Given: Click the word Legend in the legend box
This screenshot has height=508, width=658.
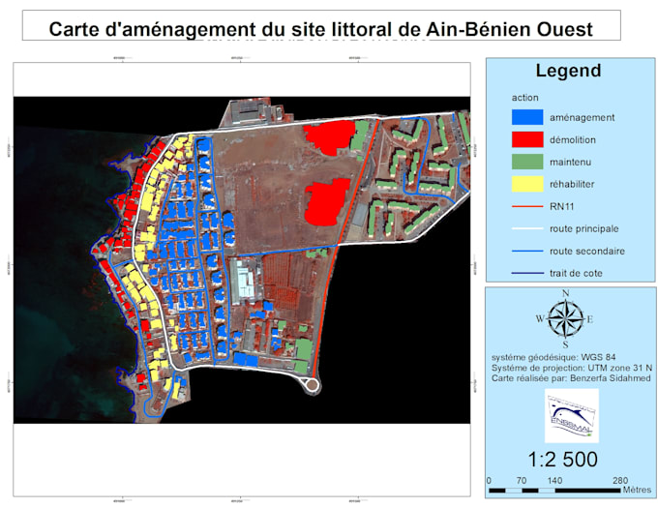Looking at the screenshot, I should pyautogui.click(x=568, y=71).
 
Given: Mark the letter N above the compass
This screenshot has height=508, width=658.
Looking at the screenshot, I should pyautogui.click(x=565, y=294).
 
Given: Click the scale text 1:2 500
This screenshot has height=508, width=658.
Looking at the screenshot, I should pyautogui.click(x=562, y=459).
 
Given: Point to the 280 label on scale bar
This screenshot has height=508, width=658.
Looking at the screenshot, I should pyautogui.click(x=619, y=480).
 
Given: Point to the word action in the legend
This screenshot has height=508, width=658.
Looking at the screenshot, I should pyautogui.click(x=525, y=98).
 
